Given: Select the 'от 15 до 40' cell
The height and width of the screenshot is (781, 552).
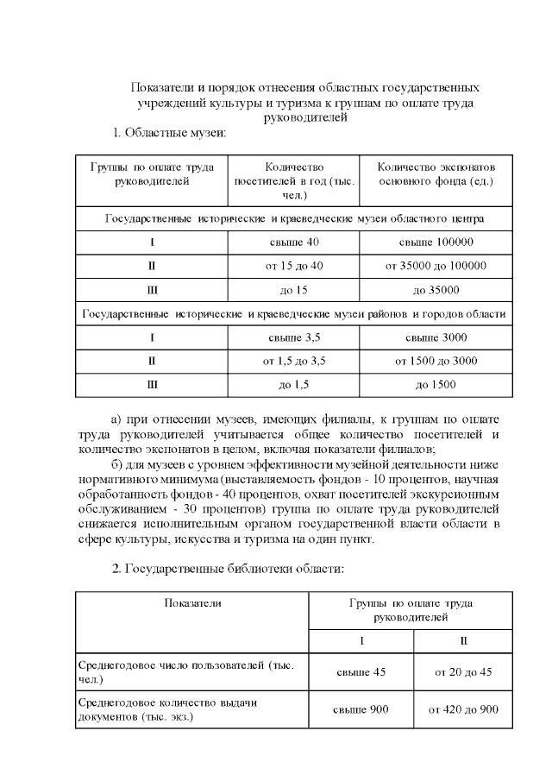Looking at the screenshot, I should click(294, 266).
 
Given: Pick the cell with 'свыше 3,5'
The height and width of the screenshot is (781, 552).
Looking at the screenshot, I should click(294, 337).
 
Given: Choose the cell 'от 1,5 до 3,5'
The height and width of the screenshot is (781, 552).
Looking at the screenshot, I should click(294, 361).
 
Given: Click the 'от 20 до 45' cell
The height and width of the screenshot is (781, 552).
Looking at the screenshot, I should click(463, 672).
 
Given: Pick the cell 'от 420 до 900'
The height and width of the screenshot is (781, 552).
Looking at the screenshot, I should click(463, 709).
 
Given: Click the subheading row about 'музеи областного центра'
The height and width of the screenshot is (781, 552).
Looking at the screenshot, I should click(294, 218).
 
